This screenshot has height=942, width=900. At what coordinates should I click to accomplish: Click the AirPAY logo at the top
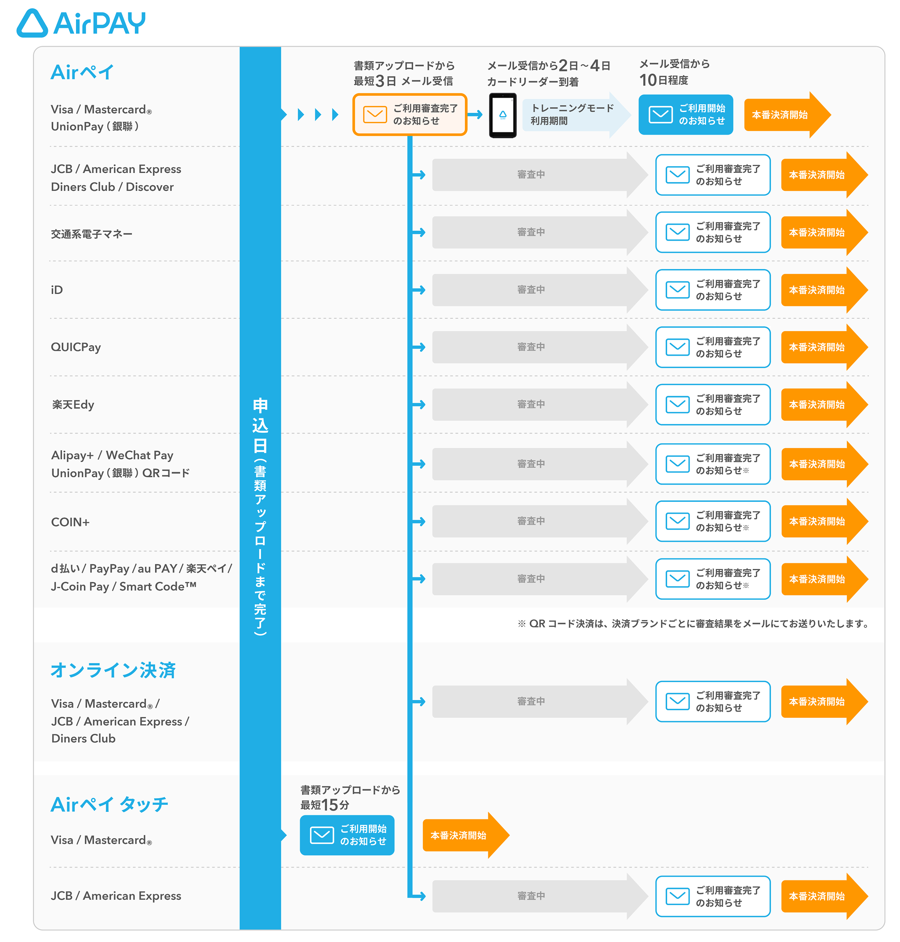[80, 22]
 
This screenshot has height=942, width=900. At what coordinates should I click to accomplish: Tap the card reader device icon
[502, 115]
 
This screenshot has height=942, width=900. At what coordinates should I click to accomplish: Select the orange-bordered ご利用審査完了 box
[410, 115]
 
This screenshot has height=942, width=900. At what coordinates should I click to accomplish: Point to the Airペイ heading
[82, 73]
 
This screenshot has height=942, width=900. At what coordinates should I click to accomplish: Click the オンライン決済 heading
[113, 670]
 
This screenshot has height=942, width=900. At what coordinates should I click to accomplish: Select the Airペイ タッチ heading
[109, 804]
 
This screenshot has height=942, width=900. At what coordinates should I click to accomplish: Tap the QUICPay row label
[76, 347]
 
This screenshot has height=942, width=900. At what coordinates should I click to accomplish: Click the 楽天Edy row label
[73, 404]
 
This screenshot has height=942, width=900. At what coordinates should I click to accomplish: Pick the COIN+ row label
[70, 522]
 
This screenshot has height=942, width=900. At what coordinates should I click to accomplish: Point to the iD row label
[57, 289]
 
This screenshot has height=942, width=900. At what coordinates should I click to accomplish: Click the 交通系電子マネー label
[92, 234]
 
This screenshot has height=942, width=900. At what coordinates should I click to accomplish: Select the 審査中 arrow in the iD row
[539, 289]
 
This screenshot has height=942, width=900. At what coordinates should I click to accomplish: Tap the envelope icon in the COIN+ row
[677, 521]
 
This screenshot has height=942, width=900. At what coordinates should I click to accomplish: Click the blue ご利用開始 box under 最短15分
[347, 835]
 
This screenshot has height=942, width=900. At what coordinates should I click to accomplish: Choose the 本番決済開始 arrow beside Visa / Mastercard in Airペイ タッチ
[465, 835]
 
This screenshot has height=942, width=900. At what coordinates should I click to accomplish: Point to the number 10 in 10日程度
[648, 80]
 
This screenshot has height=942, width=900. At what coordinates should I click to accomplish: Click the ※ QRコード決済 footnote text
[693, 624]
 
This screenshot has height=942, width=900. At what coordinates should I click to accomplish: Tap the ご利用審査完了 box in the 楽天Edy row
[713, 404]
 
